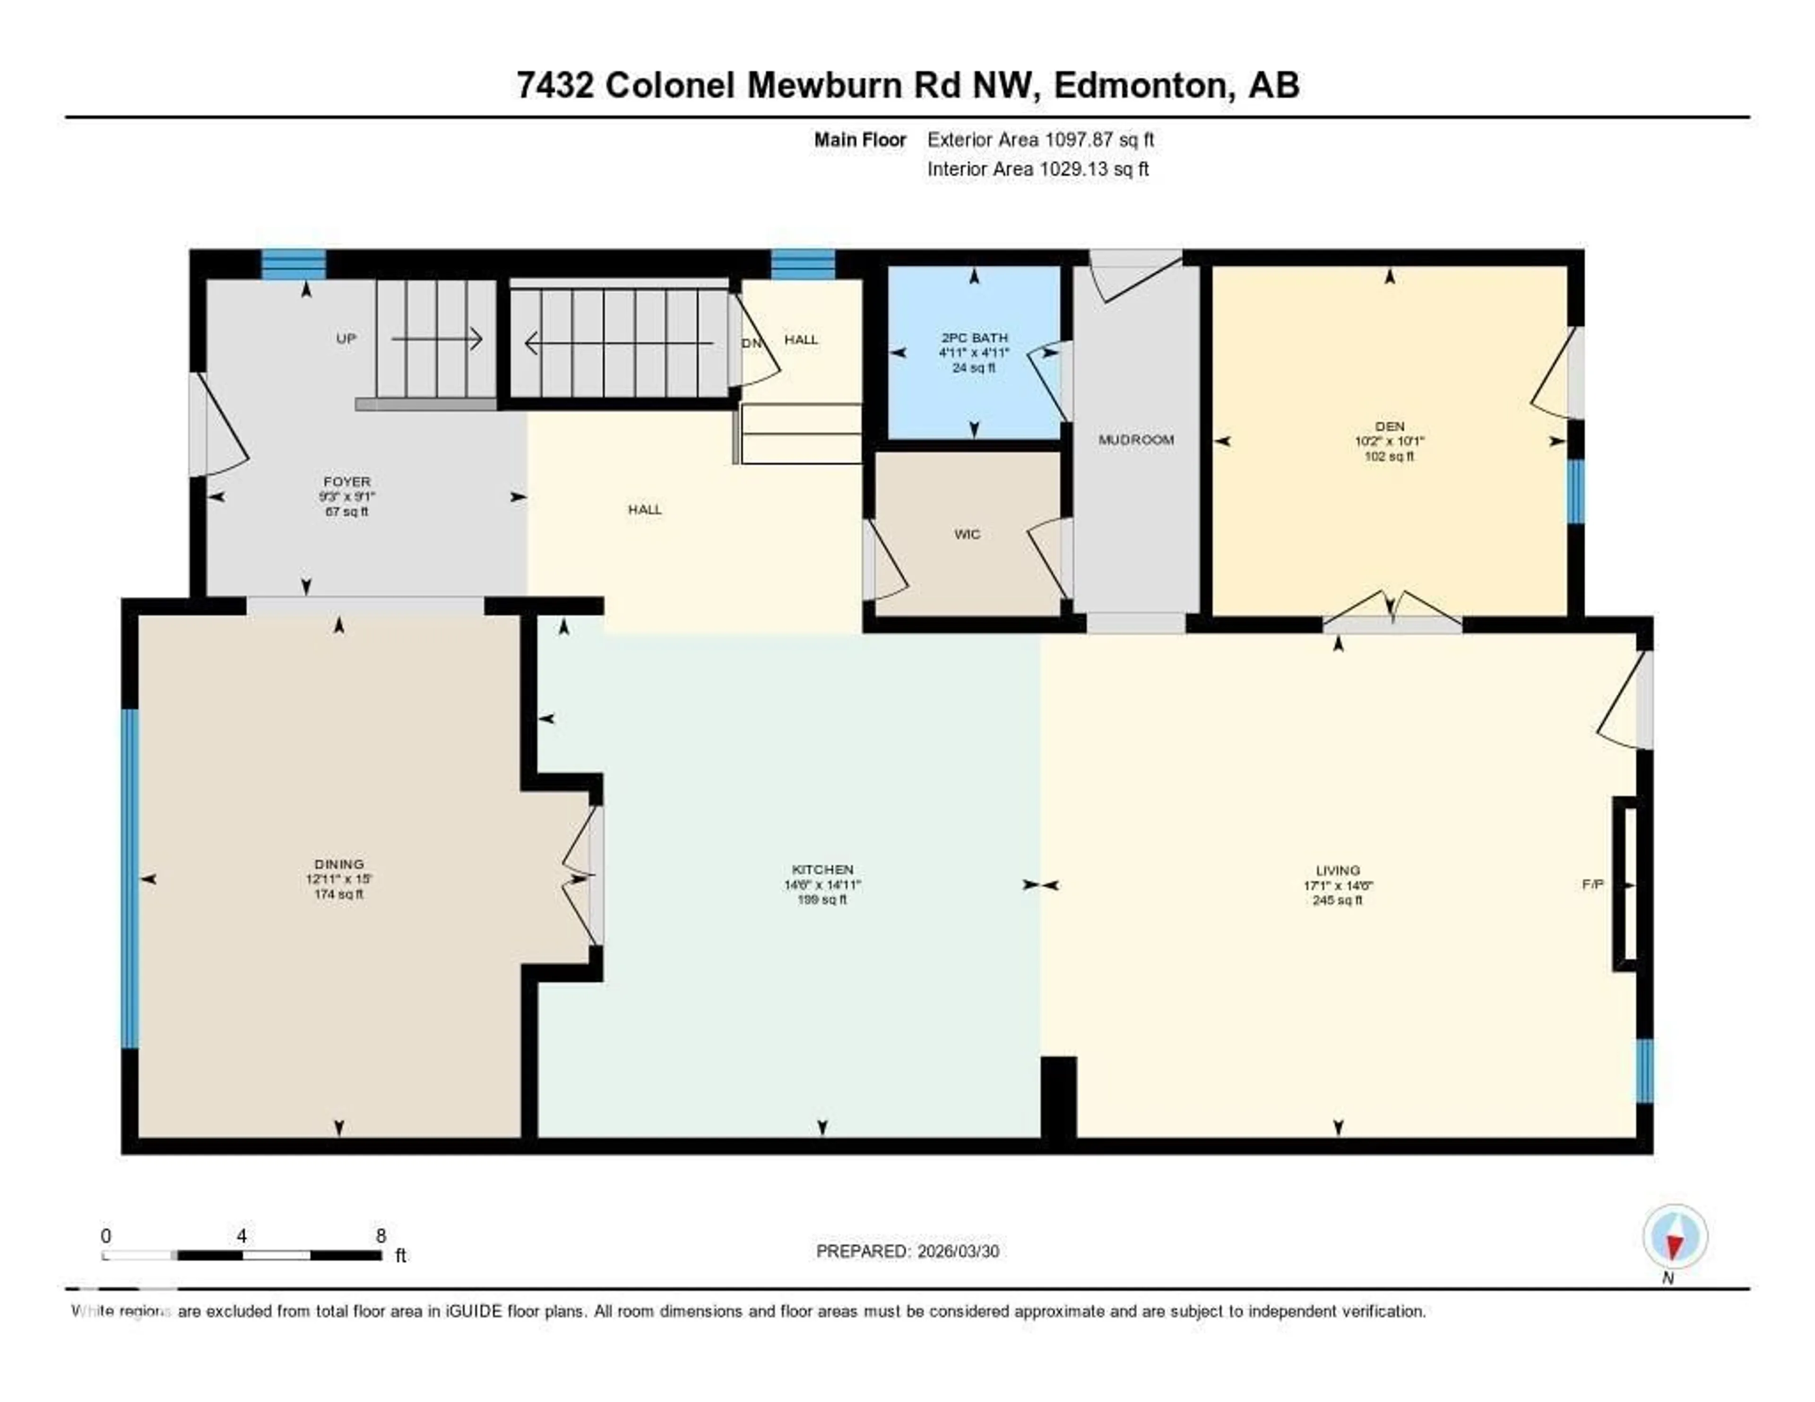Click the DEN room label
tap(1390, 426)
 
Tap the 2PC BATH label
tap(974, 338)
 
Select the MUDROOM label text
tap(1136, 440)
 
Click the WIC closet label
tap(968, 534)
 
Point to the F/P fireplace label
tap(1592, 885)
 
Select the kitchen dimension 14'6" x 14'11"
tap(822, 885)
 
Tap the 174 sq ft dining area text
tap(339, 894)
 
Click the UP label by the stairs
tap(346, 338)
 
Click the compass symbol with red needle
tap(1675, 1237)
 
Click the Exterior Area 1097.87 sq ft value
tap(1040, 139)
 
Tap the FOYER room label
tap(346, 481)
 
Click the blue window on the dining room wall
tap(130, 878)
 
